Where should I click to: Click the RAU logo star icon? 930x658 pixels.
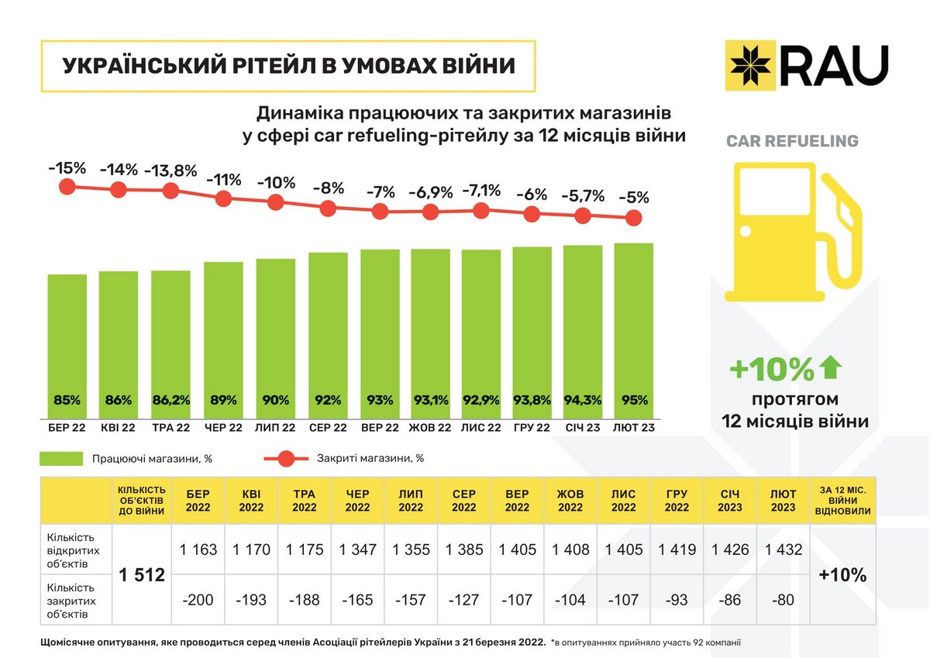(x=750, y=65)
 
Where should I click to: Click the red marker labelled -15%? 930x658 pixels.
(x=67, y=187)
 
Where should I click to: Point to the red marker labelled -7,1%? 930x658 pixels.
(x=481, y=210)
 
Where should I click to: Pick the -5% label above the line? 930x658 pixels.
(x=634, y=197)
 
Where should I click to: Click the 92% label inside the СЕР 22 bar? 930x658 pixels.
(x=328, y=401)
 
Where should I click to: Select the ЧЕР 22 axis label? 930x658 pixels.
(x=223, y=428)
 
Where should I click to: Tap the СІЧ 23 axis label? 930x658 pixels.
(x=583, y=428)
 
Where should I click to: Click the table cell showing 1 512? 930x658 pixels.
(x=142, y=575)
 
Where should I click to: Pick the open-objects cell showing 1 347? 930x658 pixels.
(x=357, y=549)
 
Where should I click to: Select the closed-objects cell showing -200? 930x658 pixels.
(x=198, y=599)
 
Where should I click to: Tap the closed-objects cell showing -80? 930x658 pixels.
(x=783, y=599)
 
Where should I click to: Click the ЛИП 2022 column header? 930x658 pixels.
(x=411, y=501)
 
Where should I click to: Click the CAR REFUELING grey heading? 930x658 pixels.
(x=792, y=142)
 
